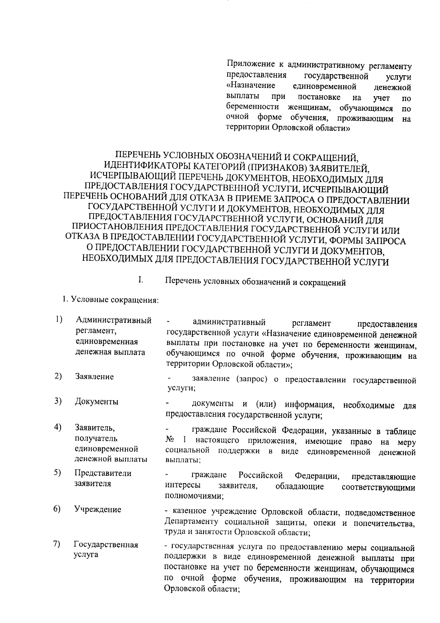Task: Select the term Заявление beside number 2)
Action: (x=94, y=376)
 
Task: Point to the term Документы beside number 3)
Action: (x=96, y=402)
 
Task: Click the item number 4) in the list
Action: (x=58, y=427)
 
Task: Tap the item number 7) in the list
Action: (x=56, y=544)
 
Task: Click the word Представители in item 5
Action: (x=103, y=473)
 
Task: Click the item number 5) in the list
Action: (x=57, y=472)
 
